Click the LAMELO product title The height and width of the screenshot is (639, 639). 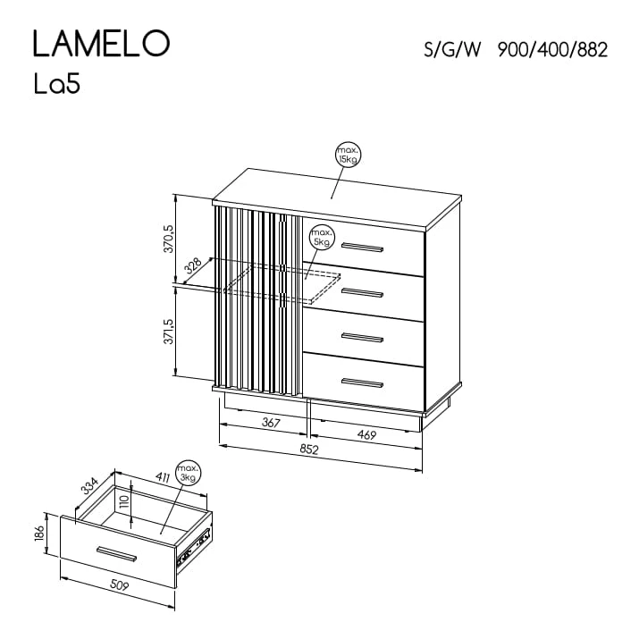[101, 43]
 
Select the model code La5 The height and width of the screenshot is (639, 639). [56, 85]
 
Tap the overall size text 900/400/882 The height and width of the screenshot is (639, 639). [552, 50]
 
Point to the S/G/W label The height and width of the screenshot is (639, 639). [452, 50]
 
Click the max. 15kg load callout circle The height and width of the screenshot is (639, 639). [349, 156]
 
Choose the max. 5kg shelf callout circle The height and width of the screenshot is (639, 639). [322, 237]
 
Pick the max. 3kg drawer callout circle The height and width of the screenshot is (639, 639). [189, 473]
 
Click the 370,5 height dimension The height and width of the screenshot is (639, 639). [169, 239]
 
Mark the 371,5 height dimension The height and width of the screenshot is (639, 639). [169, 331]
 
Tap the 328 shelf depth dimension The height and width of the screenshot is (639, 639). [193, 265]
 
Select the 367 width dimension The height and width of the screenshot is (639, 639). [271, 423]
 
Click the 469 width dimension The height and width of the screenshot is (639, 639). [366, 435]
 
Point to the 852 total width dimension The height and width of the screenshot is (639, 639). [309, 450]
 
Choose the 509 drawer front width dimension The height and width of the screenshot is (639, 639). [120, 585]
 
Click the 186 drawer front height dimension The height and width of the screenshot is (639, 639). [39, 533]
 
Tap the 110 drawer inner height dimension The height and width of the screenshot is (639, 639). [124, 500]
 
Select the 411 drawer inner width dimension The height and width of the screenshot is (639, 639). [162, 477]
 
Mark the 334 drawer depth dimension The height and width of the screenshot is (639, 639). [90, 485]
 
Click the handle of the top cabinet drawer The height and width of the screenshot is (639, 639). [362, 247]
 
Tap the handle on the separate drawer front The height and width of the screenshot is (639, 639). [116, 554]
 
